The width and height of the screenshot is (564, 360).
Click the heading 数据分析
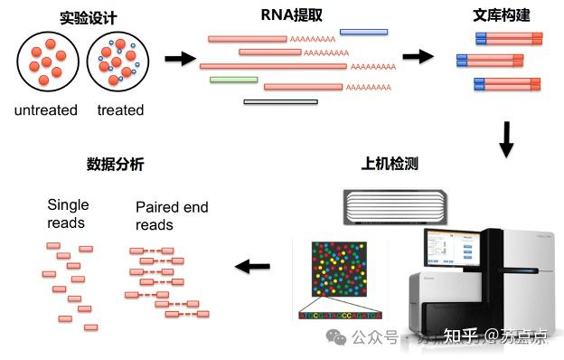[115, 165]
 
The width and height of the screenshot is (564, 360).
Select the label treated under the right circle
[120, 110]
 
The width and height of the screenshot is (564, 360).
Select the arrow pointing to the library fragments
[417, 56]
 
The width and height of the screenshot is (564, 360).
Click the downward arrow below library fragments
[506, 137]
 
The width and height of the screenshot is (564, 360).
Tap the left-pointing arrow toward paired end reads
[252, 267]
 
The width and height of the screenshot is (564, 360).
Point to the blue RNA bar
[363, 33]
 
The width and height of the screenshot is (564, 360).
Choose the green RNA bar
[233, 80]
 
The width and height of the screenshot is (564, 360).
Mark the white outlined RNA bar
[280, 101]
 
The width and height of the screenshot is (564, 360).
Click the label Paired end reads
[172, 216]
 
